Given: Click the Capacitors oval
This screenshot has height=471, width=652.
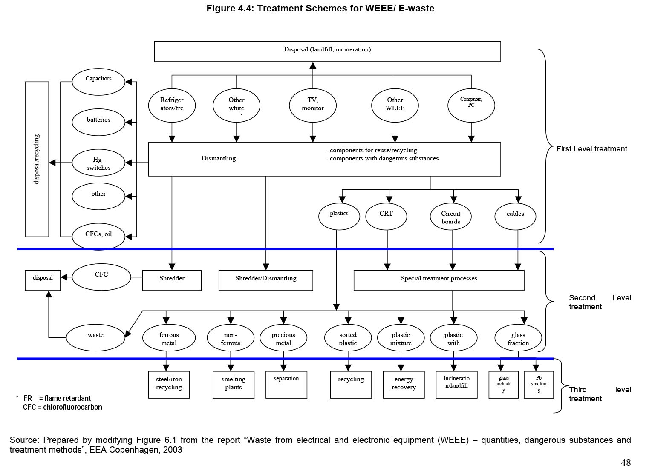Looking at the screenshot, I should click(x=98, y=82).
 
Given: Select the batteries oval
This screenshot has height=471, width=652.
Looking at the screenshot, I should click(x=98, y=123).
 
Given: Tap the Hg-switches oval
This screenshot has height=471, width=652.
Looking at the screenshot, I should click(x=98, y=163).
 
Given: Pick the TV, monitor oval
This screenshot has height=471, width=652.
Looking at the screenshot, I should click(x=313, y=105).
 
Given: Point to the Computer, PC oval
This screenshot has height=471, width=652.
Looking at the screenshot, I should click(x=471, y=105).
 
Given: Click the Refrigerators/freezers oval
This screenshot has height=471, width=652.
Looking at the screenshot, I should click(x=172, y=105).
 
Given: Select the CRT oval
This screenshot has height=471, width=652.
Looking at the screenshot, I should click(x=386, y=217).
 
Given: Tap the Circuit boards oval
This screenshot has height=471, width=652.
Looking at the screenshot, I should click(x=451, y=217).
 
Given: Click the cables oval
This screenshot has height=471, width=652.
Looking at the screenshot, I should click(x=515, y=217).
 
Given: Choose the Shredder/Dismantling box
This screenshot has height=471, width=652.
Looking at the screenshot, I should click(x=265, y=280).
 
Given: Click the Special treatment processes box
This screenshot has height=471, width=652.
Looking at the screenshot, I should click(x=439, y=280).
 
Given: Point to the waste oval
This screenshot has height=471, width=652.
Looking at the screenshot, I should click(x=95, y=337).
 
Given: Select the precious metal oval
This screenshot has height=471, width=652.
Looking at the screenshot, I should click(x=283, y=338).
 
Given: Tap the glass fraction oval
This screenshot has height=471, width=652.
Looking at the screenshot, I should click(x=518, y=338).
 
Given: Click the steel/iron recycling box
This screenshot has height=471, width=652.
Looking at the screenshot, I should click(x=169, y=385).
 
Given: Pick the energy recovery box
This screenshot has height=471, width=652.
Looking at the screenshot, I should click(x=404, y=385).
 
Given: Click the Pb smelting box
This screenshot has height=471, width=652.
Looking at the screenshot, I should click(x=539, y=385).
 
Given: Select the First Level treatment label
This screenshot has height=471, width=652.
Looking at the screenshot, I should click(x=591, y=149).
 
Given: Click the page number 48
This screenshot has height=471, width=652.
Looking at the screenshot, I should click(x=626, y=462).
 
